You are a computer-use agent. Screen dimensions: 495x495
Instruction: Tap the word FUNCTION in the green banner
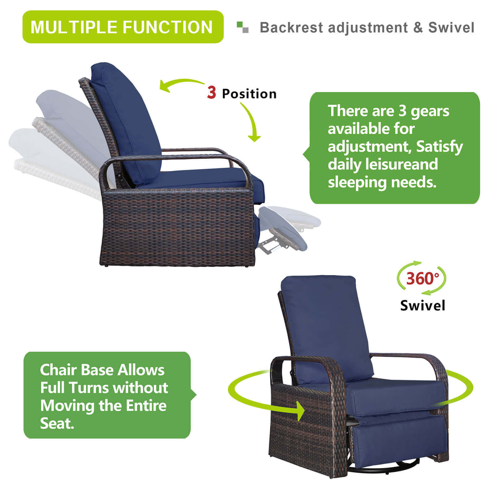pos(167,27)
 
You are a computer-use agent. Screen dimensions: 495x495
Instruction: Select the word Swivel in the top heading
pos(451,28)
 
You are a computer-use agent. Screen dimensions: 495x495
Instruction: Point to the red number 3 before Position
pos(212,93)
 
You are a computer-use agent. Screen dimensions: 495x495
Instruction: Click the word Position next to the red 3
pos(249,94)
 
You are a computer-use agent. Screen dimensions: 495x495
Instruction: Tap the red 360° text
pos(422,278)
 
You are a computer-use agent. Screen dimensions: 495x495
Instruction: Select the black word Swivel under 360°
pos(423,306)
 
